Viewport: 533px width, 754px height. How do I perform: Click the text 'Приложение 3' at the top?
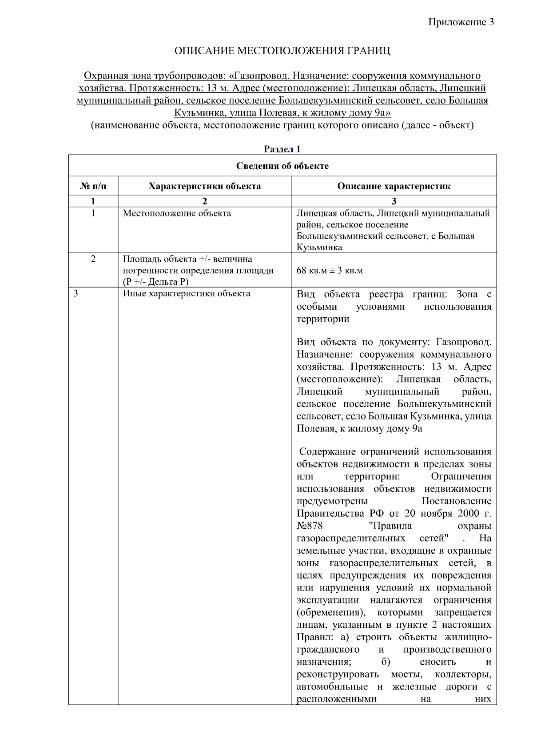461,22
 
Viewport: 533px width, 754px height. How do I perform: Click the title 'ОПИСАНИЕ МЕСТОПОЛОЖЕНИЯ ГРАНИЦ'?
282,51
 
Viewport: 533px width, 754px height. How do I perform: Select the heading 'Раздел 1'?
282,149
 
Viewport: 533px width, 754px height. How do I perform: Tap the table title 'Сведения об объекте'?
282,166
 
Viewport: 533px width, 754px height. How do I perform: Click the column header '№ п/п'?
93,186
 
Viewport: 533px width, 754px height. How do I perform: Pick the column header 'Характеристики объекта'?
204,186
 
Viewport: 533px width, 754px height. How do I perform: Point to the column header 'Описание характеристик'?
394,186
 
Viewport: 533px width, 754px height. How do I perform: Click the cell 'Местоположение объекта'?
177,213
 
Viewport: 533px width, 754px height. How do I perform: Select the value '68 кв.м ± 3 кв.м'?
330,271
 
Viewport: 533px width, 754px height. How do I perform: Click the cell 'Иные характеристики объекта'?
187,294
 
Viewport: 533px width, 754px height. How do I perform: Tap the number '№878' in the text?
310,526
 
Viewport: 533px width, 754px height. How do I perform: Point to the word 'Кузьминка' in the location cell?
319,247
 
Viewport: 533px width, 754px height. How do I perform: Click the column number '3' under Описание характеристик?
394,201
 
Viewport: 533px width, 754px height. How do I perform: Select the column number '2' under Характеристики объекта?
204,201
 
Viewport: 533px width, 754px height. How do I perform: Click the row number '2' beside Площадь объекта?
93,259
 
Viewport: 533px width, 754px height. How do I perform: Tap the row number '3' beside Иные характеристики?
76,294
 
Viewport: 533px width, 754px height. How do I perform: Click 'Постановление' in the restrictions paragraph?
456,501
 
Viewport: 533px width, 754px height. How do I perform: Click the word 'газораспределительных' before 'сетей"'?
351,539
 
